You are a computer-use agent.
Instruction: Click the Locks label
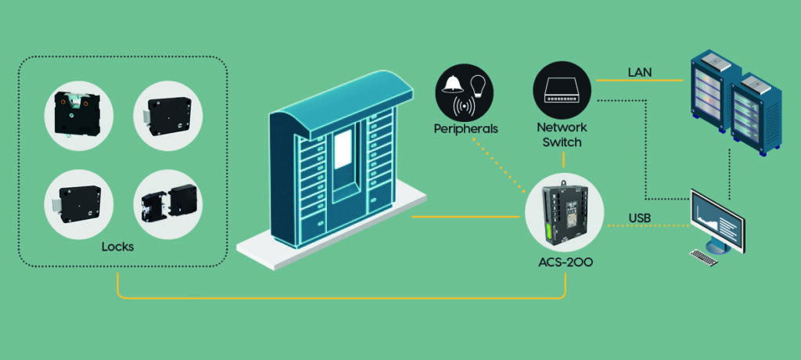117,247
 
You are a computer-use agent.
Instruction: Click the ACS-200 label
563,262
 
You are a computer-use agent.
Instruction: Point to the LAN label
641,73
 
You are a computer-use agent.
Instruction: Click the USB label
641,217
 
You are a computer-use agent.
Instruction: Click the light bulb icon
477,84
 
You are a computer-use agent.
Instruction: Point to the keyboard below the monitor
702,257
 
